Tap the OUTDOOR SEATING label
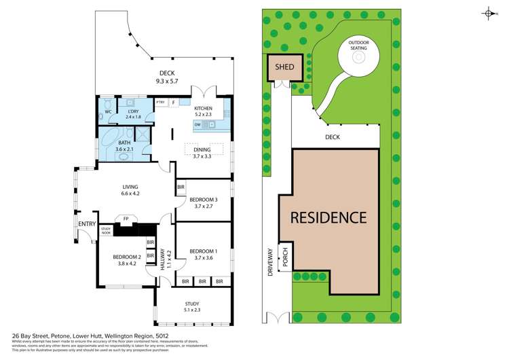358,45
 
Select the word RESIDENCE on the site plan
328,217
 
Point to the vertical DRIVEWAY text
270,262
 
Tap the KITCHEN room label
203,109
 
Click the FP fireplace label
126,219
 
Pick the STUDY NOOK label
106,232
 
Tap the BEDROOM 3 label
203,199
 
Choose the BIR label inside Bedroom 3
181,187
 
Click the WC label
108,111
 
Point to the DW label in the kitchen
197,124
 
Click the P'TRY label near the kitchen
160,103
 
